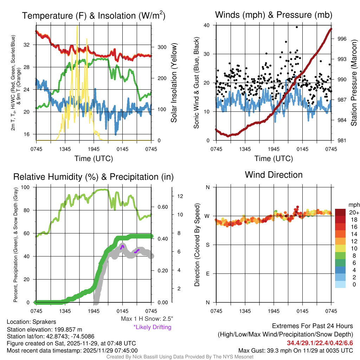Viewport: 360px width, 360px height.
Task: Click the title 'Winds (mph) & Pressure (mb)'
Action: pyautogui.click(x=274, y=15)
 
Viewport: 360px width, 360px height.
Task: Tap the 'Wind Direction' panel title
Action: pyautogui.click(x=274, y=175)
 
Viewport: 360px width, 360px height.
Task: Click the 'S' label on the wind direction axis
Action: pyautogui.click(x=207, y=245)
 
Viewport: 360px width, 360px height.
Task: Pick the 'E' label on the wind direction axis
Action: pyautogui.click(x=207, y=274)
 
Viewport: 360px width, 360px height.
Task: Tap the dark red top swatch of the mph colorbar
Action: pyautogui.click(x=341, y=212)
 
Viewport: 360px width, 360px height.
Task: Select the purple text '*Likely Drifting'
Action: pyautogui.click(x=152, y=327)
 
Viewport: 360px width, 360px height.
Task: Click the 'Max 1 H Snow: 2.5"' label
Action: pyautogui.click(x=147, y=319)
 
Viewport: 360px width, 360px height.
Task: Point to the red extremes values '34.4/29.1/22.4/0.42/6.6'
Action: pyautogui.click(x=320, y=343)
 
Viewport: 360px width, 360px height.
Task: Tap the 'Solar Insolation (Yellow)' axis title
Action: pyautogui.click(x=174, y=83)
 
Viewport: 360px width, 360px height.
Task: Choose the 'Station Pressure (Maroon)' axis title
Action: pyautogui.click(x=354, y=83)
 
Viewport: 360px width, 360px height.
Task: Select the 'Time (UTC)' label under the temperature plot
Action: pyautogui.click(x=94, y=159)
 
